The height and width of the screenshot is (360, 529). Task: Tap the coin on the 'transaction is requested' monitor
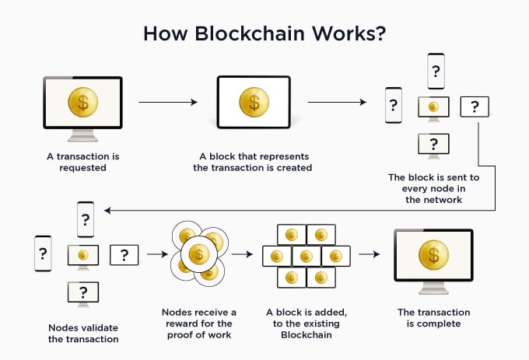[x=82, y=102]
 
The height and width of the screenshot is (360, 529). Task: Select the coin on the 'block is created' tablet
[x=253, y=101]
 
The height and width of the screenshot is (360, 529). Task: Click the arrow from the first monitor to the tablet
[x=167, y=102]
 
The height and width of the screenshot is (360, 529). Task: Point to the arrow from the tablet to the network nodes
[x=337, y=102]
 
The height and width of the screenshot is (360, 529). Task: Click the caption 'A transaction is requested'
[x=82, y=162]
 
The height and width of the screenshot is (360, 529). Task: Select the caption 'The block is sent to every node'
[x=433, y=188]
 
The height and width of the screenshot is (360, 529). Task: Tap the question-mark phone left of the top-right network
[x=394, y=105]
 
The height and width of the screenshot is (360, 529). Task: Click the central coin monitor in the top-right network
[x=433, y=106]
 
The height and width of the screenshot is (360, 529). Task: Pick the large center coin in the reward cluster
[x=198, y=254]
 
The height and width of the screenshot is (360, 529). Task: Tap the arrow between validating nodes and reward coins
[x=156, y=254]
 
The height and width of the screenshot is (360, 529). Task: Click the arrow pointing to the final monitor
[x=369, y=254]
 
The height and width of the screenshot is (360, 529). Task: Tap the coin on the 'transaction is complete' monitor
[x=433, y=254]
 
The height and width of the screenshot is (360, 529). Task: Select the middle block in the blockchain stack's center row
[x=306, y=255]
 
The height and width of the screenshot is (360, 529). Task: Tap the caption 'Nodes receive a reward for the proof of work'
[x=198, y=323]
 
